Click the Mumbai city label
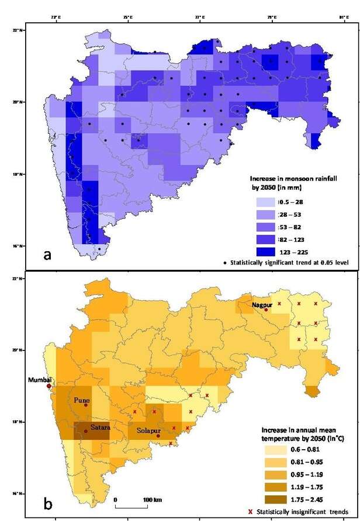(x=40, y=380)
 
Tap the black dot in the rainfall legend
(x=259, y=263)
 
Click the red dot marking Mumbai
(x=49, y=386)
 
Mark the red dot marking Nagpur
(x=266, y=310)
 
